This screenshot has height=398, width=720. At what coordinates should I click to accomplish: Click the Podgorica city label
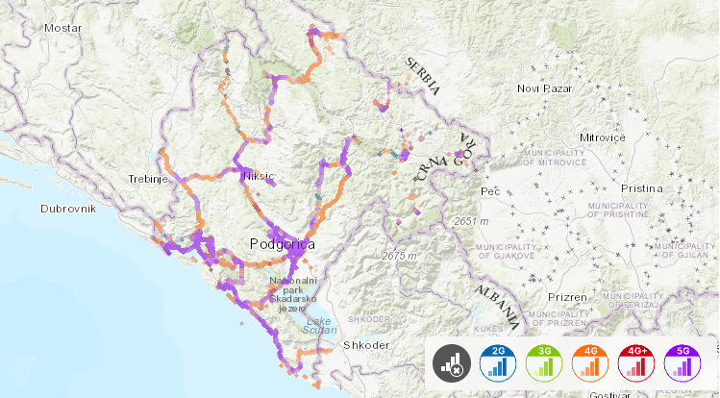pyautogui.click(x=282, y=244)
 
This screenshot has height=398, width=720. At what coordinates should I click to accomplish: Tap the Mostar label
pyautogui.click(x=63, y=28)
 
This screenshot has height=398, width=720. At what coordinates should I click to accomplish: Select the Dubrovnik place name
pyautogui.click(x=70, y=208)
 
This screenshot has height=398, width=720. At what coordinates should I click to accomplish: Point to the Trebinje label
pyautogui.click(x=150, y=179)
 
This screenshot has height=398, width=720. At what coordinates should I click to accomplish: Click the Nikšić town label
pyautogui.click(x=260, y=177)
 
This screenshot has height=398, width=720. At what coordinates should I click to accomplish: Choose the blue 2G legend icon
pyautogui.click(x=497, y=362)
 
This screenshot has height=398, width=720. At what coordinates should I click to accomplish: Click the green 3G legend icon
pyautogui.click(x=544, y=362)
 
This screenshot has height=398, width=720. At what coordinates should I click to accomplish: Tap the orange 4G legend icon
pyautogui.click(x=591, y=362)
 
